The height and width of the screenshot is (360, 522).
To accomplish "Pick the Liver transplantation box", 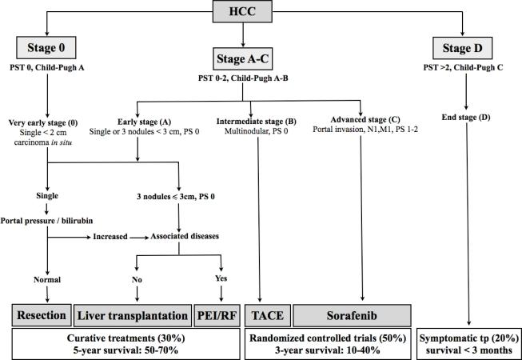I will [x=132, y=314].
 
